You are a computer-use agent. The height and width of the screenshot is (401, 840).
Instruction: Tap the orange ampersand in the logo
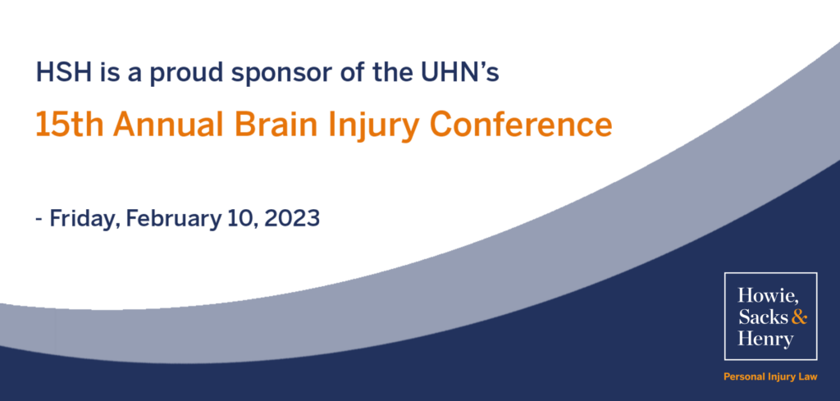pos(799,317)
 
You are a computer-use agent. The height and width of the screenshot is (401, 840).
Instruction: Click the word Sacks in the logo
pos(764,317)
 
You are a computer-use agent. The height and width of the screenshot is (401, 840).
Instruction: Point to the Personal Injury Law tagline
pos(770,377)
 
